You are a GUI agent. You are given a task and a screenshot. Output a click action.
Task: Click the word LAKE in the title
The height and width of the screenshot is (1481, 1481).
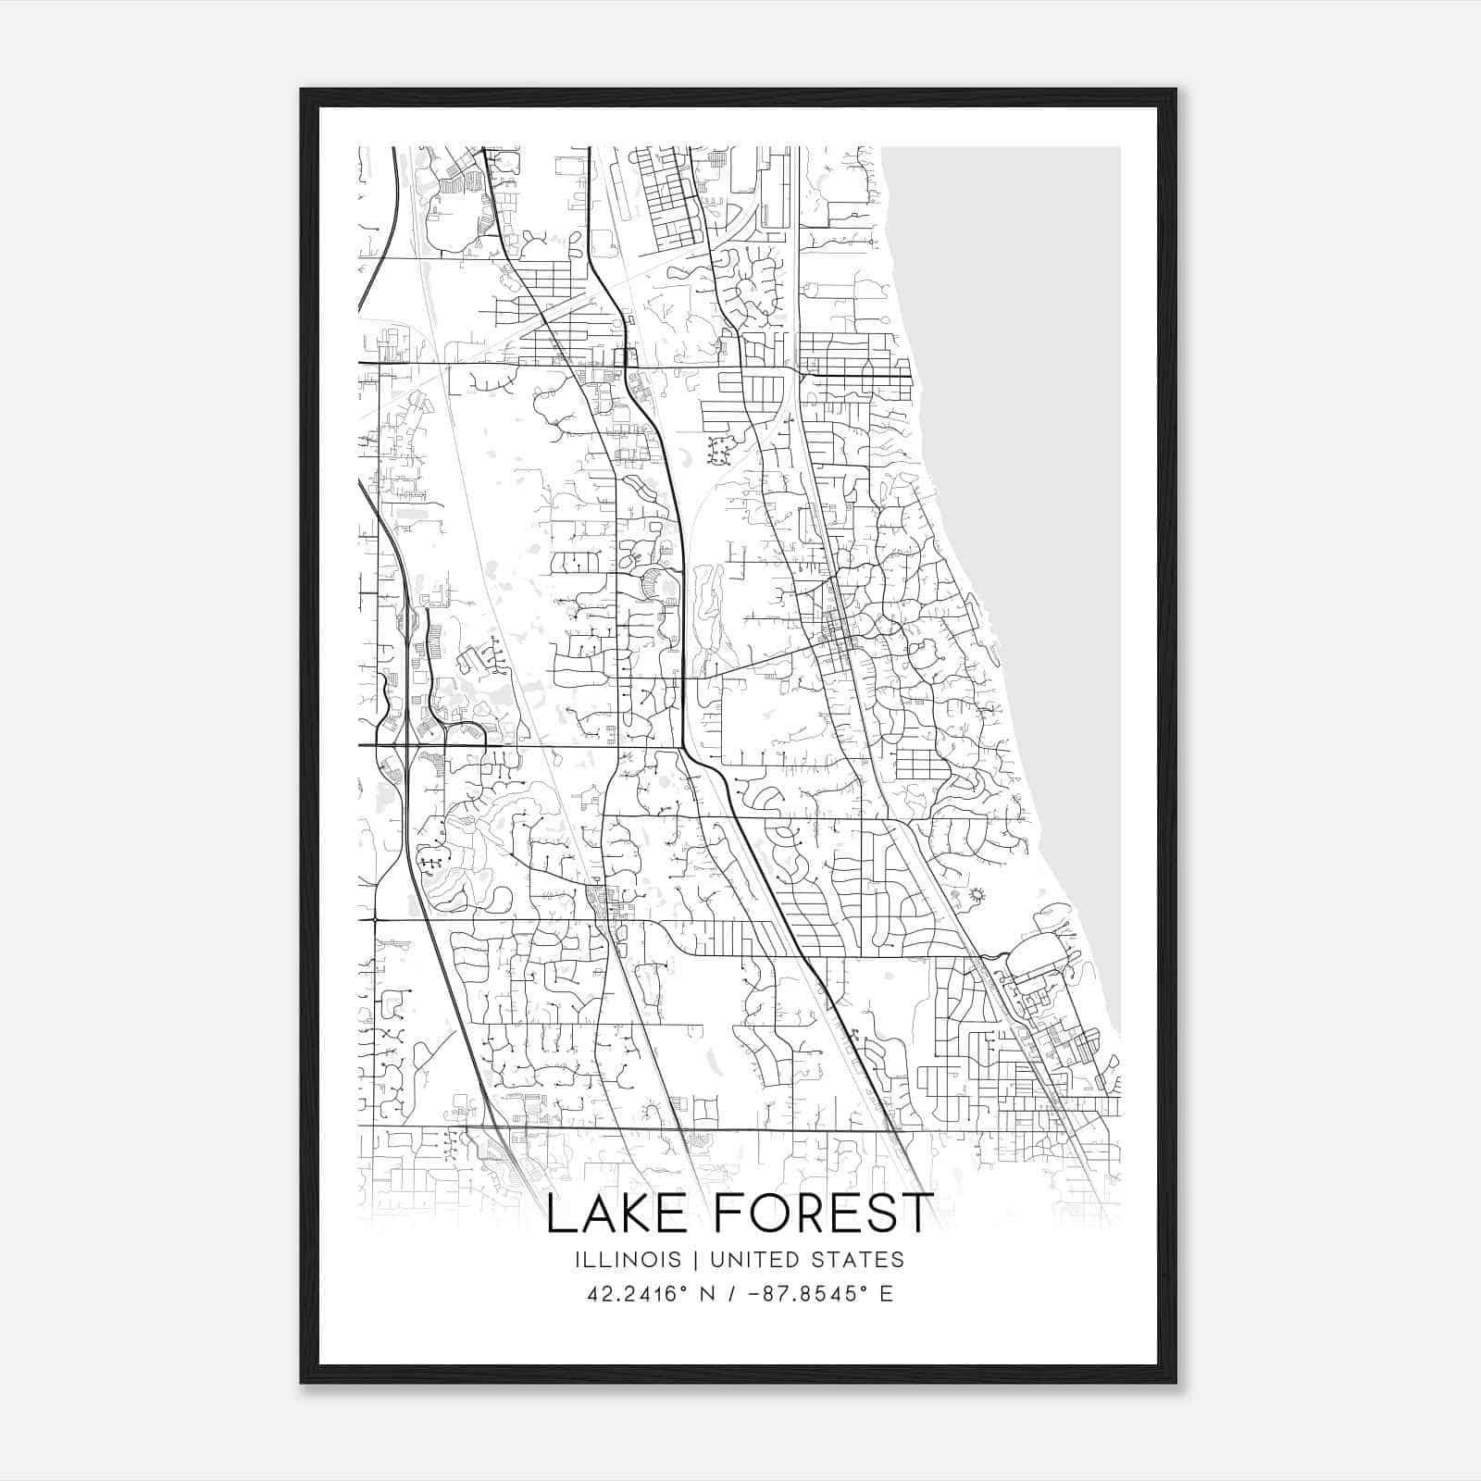click(615, 1214)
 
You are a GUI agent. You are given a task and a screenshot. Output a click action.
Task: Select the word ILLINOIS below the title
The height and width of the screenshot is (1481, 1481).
click(627, 1260)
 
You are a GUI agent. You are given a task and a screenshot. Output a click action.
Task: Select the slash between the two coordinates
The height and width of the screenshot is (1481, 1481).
click(732, 1293)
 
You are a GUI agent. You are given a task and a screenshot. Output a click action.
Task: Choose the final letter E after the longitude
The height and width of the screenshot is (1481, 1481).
click(886, 1293)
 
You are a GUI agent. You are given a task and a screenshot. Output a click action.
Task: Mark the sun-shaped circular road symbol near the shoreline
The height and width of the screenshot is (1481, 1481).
click(976, 895)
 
